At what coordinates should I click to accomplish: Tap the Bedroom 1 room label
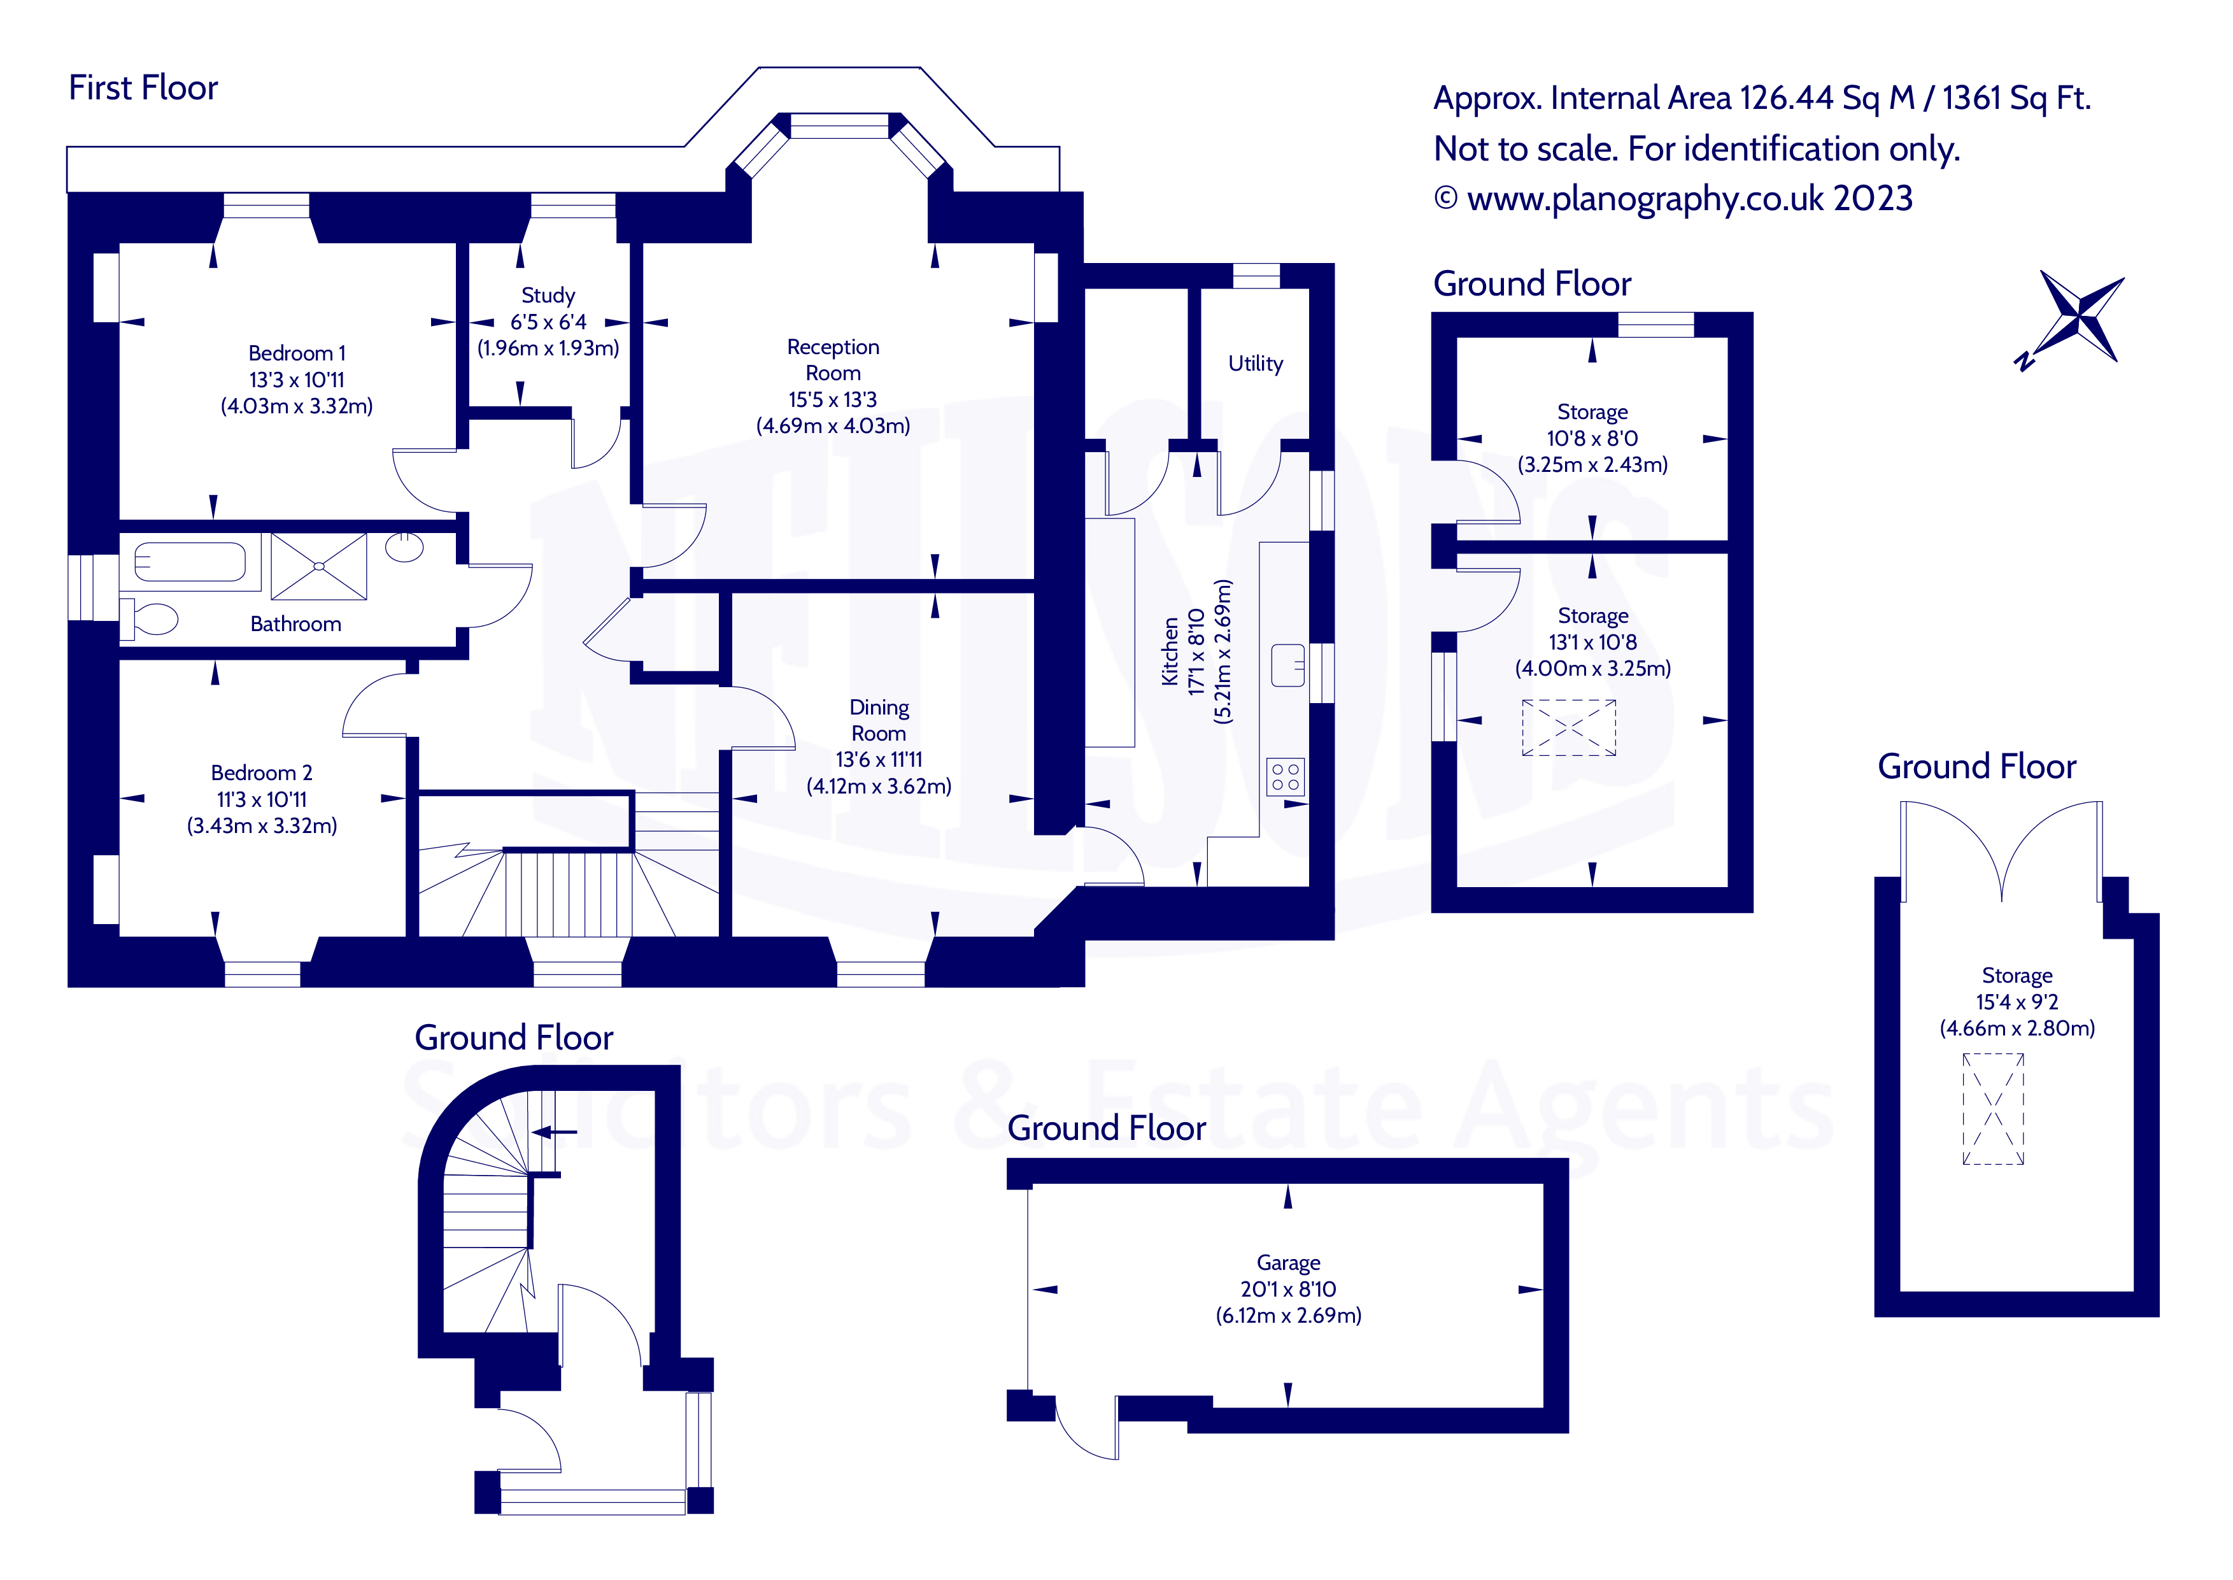tap(297, 353)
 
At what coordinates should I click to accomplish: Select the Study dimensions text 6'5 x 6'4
tap(548, 322)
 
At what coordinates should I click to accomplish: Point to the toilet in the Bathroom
tap(151, 619)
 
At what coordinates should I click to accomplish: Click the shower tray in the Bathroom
tap(319, 566)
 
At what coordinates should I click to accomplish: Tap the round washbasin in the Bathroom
tap(404, 547)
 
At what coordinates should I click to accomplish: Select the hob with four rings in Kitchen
tap(1285, 778)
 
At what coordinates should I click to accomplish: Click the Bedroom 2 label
tap(262, 772)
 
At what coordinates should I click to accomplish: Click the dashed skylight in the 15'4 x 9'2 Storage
tap(1993, 1109)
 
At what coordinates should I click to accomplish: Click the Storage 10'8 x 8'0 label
tap(1591, 413)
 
